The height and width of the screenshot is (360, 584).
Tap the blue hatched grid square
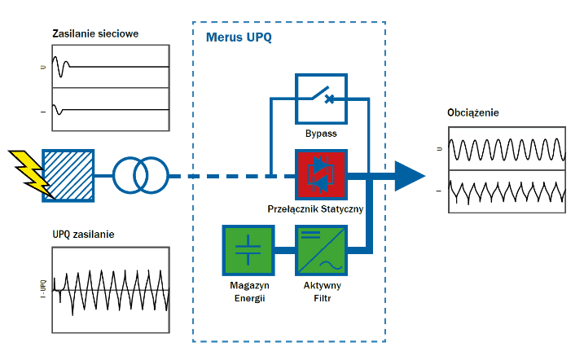pos(68,176)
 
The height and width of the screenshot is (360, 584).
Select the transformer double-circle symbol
pos(141,175)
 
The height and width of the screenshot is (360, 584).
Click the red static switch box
pos(321,175)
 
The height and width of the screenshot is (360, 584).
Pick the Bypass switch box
pos(321,99)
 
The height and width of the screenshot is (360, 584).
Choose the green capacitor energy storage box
pos(248,250)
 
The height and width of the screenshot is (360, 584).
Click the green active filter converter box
pos(321,250)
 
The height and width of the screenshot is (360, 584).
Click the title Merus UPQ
pos(239,37)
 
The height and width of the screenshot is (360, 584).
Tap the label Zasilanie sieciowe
pos(95,34)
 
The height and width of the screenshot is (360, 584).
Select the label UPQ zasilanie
pos(83,235)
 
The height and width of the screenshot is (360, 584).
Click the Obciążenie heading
pos(473,112)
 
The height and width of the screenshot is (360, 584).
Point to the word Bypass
pos(321,134)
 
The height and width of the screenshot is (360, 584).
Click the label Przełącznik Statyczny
pos(315,209)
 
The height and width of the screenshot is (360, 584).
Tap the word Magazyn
pos(249,286)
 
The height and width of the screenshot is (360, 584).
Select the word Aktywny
pos(323,286)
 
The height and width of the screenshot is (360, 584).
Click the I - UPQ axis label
pos(44,289)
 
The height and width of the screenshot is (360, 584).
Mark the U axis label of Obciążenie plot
pos(440,149)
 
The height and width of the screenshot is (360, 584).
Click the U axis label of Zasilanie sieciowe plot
pos(43,67)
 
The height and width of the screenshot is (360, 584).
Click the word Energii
pos(249,299)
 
